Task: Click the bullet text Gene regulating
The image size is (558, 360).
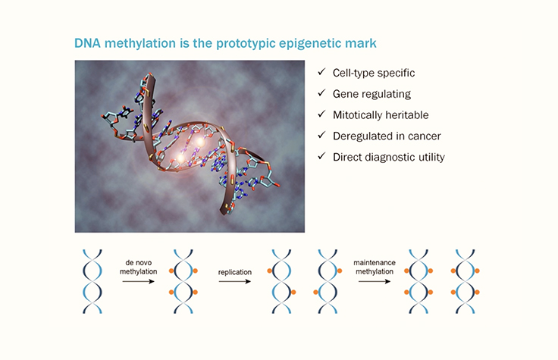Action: pos(371,94)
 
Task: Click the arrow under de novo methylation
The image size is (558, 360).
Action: pos(139,281)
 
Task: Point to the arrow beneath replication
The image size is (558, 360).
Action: pos(234,281)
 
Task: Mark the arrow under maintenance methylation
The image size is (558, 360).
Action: pos(375,281)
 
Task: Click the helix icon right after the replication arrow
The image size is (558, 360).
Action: pos(281,280)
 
